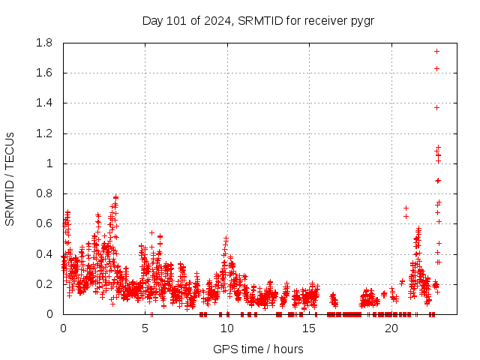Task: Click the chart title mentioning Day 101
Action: click(x=258, y=20)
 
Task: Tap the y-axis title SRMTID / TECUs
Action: click(x=10, y=178)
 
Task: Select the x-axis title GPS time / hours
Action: click(x=258, y=349)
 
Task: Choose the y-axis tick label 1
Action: click(x=49, y=163)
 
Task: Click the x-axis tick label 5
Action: click(x=145, y=328)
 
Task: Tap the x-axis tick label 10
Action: click(x=227, y=328)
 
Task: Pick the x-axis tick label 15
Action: click(x=309, y=328)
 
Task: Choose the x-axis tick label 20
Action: click(x=391, y=328)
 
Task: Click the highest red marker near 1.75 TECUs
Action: click(x=436, y=51)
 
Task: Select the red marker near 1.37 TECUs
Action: click(x=436, y=107)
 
